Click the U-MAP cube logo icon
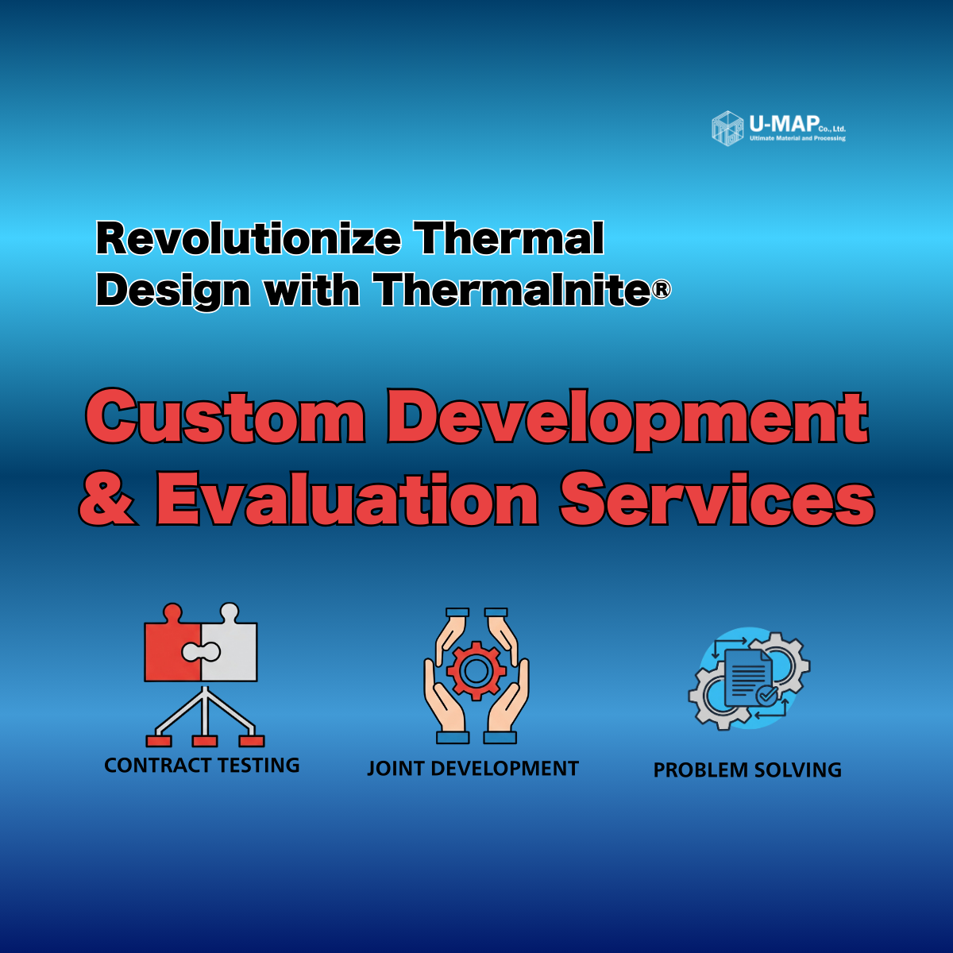tap(727, 129)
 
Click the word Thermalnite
tap(513, 289)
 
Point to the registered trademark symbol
tap(662, 289)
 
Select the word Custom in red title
tap(225, 416)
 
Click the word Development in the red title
tap(627, 419)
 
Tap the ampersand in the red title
tap(107, 499)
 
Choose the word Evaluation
tap(347, 499)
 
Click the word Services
tap(716, 499)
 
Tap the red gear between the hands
tap(476, 670)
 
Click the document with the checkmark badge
tap(749, 678)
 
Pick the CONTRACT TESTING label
tap(202, 765)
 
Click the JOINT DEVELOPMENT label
tap(473, 769)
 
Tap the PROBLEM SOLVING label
tap(747, 770)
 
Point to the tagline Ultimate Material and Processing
tap(797, 138)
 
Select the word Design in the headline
tap(173, 291)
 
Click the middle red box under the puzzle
tap(205, 741)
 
